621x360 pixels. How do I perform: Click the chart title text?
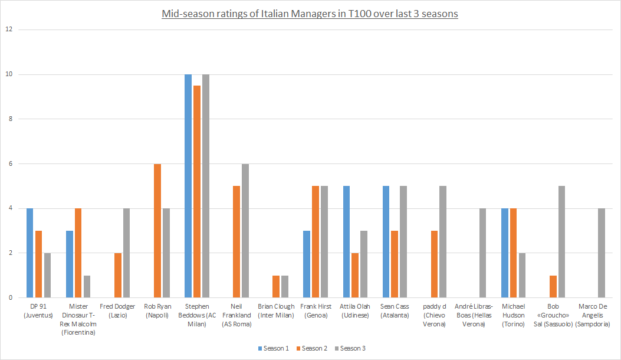[310, 13]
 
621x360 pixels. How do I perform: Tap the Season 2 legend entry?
[314, 348]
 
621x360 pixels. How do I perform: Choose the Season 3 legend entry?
[353, 348]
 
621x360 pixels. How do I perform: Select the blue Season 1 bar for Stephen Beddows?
[188, 186]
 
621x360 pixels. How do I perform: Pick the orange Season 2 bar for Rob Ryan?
[157, 231]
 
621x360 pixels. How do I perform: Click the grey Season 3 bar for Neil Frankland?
[245, 231]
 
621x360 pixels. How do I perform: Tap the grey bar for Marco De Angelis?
[601, 253]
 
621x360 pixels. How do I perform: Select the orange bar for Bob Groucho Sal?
[553, 287]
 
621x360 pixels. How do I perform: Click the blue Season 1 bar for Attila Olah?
[346, 242]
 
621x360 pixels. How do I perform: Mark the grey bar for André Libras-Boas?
[482, 253]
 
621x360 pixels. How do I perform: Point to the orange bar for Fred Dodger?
[118, 276]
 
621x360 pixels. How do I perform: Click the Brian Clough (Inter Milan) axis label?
[276, 310]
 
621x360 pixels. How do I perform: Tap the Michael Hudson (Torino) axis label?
[513, 310]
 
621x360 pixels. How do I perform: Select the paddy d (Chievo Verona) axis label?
[434, 315]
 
